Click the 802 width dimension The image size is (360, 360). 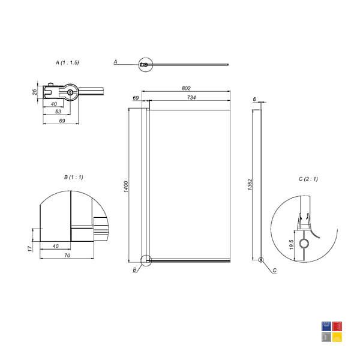coord(186,88)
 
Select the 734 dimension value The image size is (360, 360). coord(191,98)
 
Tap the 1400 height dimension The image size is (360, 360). coord(126,187)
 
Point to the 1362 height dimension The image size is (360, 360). coord(250,185)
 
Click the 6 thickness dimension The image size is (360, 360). coord(254,99)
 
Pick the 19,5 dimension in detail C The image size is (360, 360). coord(292,245)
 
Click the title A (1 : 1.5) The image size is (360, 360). coord(67,62)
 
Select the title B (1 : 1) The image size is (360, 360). coord(73,177)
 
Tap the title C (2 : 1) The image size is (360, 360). coord(308,179)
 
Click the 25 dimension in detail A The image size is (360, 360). coord(34,92)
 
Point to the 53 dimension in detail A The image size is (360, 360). coord(58,112)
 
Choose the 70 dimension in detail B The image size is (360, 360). coord(67,256)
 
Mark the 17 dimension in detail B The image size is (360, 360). coord(30,248)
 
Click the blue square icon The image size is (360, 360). coord(326,326)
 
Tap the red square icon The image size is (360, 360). coord(337,326)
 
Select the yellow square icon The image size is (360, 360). coord(337,337)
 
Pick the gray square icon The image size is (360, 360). coord(326,337)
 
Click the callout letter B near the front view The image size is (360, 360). coord(135,270)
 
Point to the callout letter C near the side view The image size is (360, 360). coord(275,271)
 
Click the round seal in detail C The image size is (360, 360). coord(304,244)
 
